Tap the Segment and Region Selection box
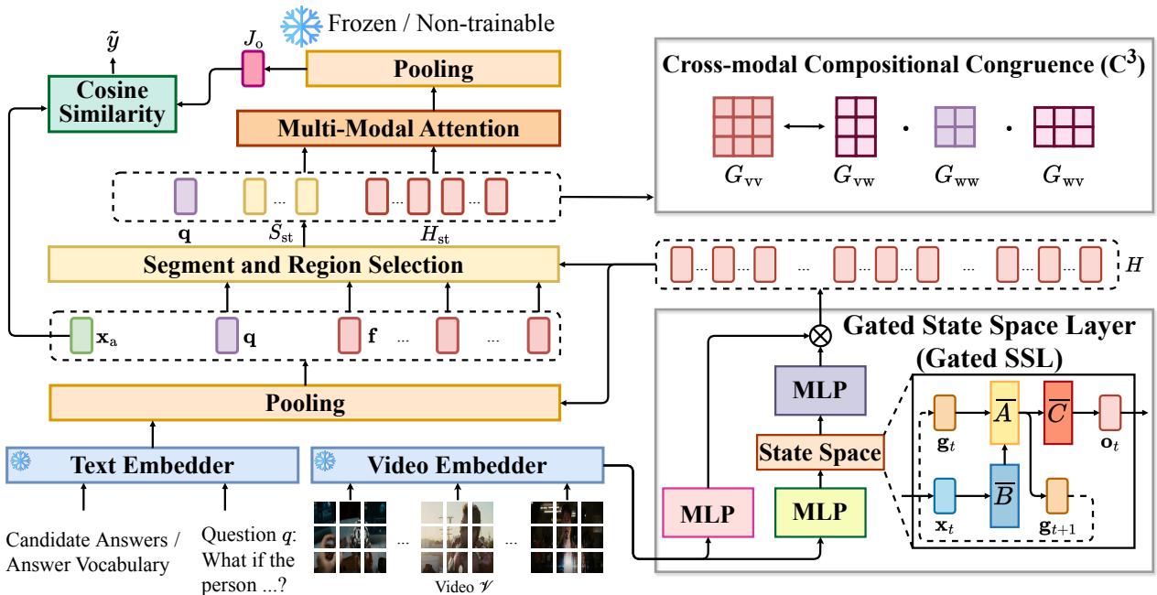tap(303, 265)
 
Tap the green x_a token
tap(81, 336)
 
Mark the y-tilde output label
tap(114, 38)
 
